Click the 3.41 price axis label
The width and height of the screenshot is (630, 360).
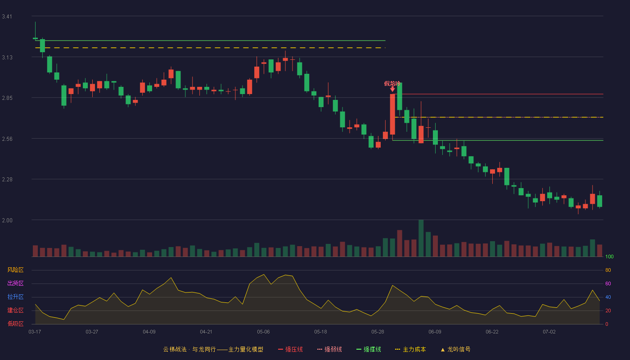(x=7, y=17)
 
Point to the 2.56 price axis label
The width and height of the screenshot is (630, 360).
(x=7, y=139)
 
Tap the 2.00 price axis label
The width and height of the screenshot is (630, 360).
(x=7, y=220)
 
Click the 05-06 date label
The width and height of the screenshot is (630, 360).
(x=263, y=332)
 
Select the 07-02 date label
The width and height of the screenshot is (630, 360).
(x=549, y=332)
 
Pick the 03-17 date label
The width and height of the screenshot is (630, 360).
(x=35, y=332)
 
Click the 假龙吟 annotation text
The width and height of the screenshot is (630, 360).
(x=392, y=84)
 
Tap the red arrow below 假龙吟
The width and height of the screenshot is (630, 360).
(x=392, y=89)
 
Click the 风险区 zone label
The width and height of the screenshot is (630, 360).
(x=15, y=270)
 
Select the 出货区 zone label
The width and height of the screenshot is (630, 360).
(x=15, y=283)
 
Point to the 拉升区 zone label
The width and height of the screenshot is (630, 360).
(x=15, y=297)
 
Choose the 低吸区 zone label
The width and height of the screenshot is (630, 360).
(x=15, y=324)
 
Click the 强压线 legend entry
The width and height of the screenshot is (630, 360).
(x=290, y=349)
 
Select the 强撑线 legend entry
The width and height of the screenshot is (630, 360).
(x=369, y=349)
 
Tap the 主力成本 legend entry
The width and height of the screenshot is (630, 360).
(x=410, y=349)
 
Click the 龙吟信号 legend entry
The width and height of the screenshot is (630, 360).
(x=455, y=349)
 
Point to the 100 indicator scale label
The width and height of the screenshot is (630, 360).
(x=609, y=256)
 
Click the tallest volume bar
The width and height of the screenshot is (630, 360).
(x=421, y=238)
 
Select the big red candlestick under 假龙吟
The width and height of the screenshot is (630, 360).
(x=392, y=114)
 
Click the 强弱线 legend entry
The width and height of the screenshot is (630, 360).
(x=329, y=349)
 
